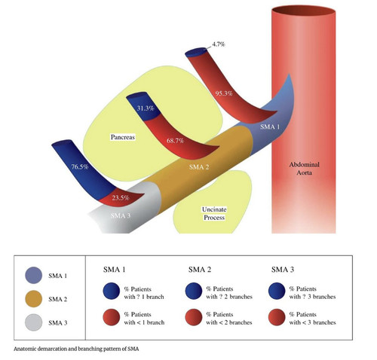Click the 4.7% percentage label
tap(219, 44)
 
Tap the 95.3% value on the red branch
tap(224, 93)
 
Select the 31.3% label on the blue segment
tap(146, 108)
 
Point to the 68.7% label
tap(175, 141)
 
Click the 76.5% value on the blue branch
tap(80, 166)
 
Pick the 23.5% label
tap(121, 197)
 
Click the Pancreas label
tap(123, 137)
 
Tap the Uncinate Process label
tap(214, 213)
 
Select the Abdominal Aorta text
tap(304, 169)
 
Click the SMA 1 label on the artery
tap(270, 127)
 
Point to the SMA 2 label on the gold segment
tap(199, 167)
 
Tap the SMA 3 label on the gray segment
tap(121, 215)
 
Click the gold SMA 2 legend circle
tap(33, 299)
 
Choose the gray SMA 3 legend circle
tap(33, 322)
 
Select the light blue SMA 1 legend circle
tap(33, 275)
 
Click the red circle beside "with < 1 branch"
tap(112, 317)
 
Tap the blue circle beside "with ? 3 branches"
tap(277, 291)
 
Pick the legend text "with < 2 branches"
tap(229, 322)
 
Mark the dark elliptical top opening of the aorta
tap(304, 11)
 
